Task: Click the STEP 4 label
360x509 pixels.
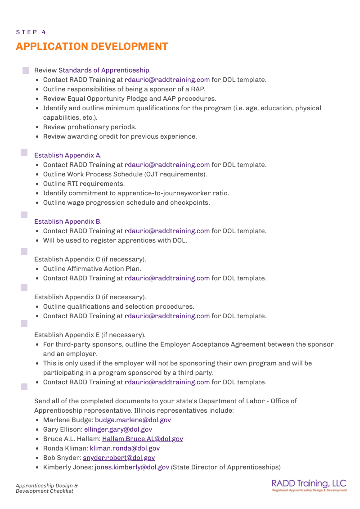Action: tap(31, 32)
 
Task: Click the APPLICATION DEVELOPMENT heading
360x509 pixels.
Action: tap(92, 47)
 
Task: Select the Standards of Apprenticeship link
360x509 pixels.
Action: tap(104, 70)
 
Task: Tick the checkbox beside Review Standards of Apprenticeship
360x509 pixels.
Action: tap(26, 70)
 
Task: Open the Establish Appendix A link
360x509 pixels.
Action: tap(68, 155)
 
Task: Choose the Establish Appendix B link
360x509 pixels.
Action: tap(68, 221)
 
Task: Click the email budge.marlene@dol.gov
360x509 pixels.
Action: tap(133, 420)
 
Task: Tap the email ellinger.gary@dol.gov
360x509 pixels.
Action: tap(118, 429)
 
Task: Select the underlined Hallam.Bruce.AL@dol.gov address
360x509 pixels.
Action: tap(142, 439)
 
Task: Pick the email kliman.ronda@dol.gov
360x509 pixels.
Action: tap(125, 448)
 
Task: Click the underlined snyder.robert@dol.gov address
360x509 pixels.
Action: tap(118, 458)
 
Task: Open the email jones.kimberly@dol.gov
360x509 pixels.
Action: tap(132, 467)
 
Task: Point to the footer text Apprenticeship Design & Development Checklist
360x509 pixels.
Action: tap(47, 488)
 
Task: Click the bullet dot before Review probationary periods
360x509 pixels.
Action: tap(38, 127)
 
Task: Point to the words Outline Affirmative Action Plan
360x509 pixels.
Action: tap(92, 269)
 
